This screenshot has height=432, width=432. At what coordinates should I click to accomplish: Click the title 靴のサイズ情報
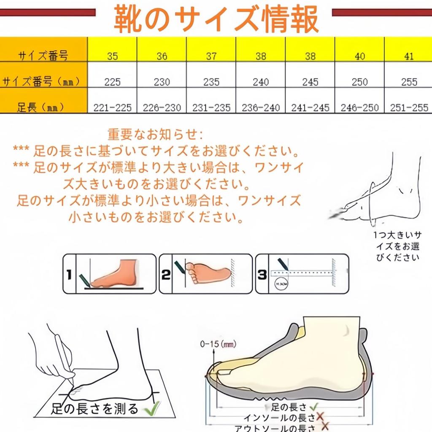216,19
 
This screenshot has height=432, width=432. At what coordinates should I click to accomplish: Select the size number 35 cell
112,56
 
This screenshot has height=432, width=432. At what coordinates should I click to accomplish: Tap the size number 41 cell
408,56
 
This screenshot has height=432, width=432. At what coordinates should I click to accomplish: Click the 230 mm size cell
162,82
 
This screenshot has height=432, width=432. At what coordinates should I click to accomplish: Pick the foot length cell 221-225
112,108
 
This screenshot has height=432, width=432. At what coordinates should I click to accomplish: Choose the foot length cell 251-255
408,108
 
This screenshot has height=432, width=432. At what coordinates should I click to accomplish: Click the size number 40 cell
359,56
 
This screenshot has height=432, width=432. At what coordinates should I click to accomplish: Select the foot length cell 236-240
260,108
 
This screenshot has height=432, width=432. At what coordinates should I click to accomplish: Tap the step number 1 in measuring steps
69,275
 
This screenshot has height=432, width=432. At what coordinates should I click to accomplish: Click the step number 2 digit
166,275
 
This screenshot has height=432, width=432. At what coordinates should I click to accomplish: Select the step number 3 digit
262,275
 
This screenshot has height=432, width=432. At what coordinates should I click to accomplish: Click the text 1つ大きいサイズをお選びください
396,246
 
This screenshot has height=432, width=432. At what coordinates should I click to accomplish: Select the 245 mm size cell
310,82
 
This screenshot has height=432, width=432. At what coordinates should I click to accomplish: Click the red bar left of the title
47,13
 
